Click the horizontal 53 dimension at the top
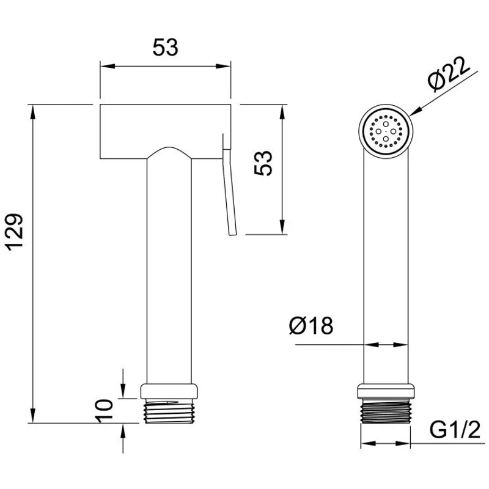[165, 48]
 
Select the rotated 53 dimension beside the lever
[263, 163]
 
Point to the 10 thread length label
[104, 411]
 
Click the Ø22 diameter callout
[449, 74]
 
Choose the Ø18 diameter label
[311, 326]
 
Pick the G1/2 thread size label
[455, 430]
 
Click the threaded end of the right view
[386, 411]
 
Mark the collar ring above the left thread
[169, 391]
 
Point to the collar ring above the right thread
[386, 391]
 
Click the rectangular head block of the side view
[165, 131]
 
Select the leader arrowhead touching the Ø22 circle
[416, 111]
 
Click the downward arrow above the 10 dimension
[123, 391]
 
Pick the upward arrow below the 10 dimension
[123, 431]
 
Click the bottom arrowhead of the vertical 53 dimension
[282, 227]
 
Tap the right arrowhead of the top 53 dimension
[224, 66]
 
